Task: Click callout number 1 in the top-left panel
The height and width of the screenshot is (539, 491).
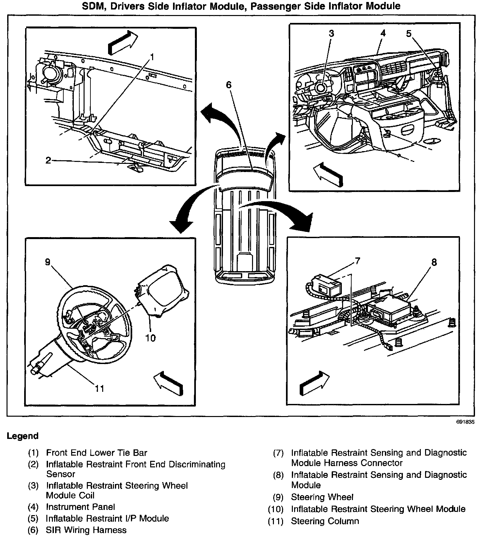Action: point(151,57)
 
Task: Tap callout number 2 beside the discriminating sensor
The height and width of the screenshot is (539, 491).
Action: point(48,160)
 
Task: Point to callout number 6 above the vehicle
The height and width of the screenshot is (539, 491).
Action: point(229,85)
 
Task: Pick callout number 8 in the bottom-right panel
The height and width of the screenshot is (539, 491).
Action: point(434,262)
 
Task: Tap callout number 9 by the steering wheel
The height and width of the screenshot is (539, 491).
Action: point(48,262)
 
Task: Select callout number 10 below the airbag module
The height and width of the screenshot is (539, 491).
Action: point(150,338)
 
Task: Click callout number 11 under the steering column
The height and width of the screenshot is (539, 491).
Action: point(99,388)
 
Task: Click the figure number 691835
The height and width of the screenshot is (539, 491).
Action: point(465,422)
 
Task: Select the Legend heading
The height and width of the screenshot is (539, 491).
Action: point(23,436)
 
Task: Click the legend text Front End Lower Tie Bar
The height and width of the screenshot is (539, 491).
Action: point(97,453)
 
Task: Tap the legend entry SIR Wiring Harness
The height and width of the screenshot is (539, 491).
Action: point(86,530)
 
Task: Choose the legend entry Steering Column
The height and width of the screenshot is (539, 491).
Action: point(325,521)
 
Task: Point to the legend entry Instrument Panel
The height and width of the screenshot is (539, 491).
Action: point(80,507)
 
